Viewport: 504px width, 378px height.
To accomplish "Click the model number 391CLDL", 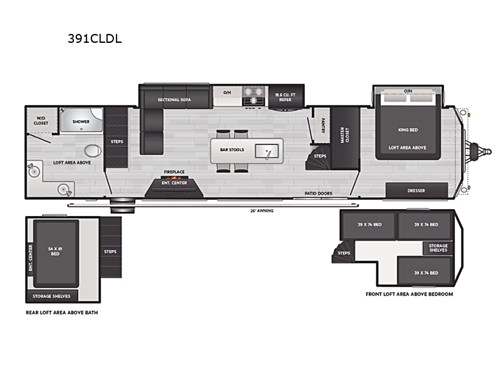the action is (x=95, y=39).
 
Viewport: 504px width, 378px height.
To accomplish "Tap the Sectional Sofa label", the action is (x=174, y=100).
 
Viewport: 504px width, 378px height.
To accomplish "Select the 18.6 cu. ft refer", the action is (x=286, y=97).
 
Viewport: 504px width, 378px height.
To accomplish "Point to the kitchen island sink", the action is (x=267, y=151).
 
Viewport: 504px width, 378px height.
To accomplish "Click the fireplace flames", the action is (x=174, y=177).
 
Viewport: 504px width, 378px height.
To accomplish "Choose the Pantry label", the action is (x=323, y=125).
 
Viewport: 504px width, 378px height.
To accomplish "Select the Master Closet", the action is (x=345, y=138).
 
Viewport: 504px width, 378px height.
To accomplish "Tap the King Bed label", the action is (x=408, y=130).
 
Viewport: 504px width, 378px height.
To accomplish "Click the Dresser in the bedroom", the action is (x=417, y=191).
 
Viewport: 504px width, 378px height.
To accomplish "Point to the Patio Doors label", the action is (x=319, y=194).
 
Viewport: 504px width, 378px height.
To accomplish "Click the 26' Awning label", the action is (x=262, y=211).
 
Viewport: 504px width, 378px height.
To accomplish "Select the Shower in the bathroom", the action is (x=81, y=119).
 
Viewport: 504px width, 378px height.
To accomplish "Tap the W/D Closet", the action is (x=41, y=120).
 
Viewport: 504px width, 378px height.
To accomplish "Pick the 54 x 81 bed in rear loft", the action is (x=56, y=254).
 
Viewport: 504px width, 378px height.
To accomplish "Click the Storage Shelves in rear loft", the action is (x=51, y=296).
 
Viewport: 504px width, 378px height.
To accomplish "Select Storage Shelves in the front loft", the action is (x=438, y=248).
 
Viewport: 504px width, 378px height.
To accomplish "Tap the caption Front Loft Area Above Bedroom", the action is (x=409, y=294).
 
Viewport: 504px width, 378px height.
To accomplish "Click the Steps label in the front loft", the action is (x=344, y=253).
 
